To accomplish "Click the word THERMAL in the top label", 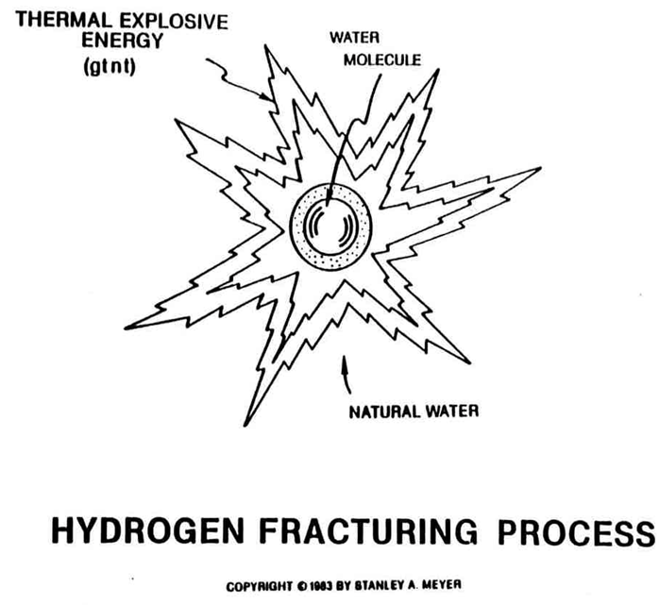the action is [64, 20].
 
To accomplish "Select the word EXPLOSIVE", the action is [174, 22].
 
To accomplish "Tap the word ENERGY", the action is [122, 41].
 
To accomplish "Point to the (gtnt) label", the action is [110, 66].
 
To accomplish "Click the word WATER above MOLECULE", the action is [354, 38].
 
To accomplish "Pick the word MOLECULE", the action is [382, 60].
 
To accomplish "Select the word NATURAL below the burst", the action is [384, 412].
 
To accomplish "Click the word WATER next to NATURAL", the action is [452, 411].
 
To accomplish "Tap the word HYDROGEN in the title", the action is [147, 531].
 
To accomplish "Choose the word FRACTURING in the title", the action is [368, 531].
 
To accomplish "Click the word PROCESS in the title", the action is [576, 532].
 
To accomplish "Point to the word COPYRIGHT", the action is [259, 586].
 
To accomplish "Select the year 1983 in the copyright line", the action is [321, 586].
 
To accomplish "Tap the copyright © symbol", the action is [302, 586].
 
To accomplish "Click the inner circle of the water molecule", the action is [303, 227].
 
